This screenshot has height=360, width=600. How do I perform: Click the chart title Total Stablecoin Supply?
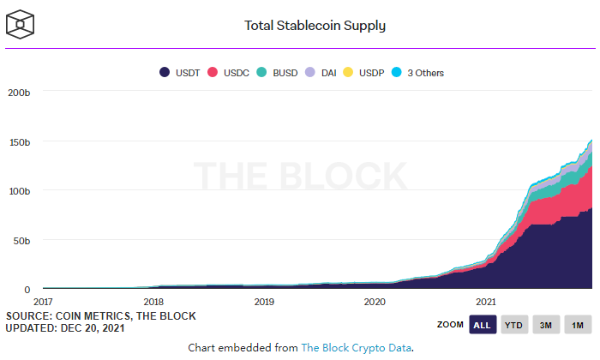click(x=315, y=25)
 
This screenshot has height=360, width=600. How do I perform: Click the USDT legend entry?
click(x=180, y=73)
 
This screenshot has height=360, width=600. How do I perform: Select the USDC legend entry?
click(x=229, y=73)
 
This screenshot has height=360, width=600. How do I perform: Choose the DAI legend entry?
click(x=322, y=73)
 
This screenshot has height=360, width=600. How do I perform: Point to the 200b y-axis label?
click(x=20, y=92)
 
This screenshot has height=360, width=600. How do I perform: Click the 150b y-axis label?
click(x=20, y=141)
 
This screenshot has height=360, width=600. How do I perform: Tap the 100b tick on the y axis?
click(x=20, y=190)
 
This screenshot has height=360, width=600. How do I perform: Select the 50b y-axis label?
click(x=22, y=240)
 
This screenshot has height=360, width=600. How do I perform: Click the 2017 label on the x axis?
click(x=43, y=302)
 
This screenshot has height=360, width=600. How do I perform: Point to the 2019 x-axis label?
click(x=264, y=302)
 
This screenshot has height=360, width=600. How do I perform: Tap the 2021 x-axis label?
click(x=485, y=302)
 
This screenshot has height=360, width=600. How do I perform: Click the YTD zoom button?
click(x=513, y=325)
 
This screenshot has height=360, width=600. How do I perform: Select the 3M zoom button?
click(x=546, y=325)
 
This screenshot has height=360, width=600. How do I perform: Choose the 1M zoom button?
click(x=578, y=325)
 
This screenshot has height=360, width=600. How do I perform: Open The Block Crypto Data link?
click(x=356, y=347)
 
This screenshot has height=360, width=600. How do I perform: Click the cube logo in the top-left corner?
click(x=20, y=24)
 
